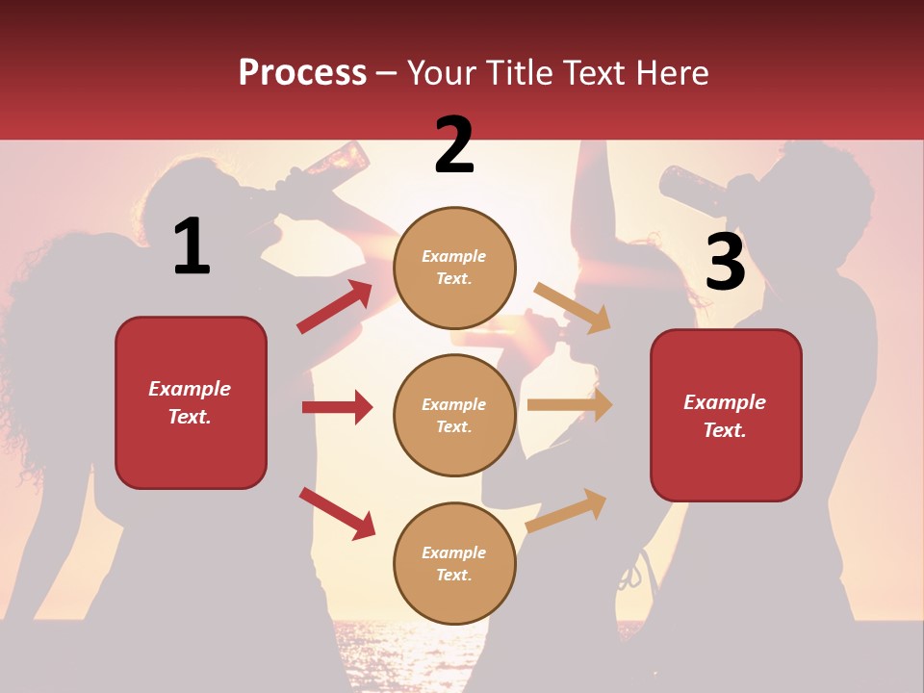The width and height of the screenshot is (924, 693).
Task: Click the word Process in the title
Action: [302, 72]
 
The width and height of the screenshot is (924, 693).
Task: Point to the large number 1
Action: [192, 246]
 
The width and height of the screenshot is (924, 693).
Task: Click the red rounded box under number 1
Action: [191, 402]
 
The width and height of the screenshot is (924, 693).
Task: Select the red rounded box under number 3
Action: [726, 415]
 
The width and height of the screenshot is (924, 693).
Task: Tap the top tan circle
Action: [454, 268]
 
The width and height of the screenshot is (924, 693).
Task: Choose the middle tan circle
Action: [454, 415]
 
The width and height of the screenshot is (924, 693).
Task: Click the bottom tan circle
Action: [454, 563]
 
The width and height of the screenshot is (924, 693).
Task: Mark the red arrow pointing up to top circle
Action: [335, 307]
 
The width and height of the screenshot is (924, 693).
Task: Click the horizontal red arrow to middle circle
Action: [337, 407]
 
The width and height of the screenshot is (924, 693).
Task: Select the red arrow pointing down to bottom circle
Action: [337, 513]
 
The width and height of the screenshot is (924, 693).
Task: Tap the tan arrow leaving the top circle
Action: [573, 307]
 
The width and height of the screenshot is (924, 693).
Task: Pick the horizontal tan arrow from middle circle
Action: [570, 405]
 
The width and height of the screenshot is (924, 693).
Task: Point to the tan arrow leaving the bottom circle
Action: [567, 510]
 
